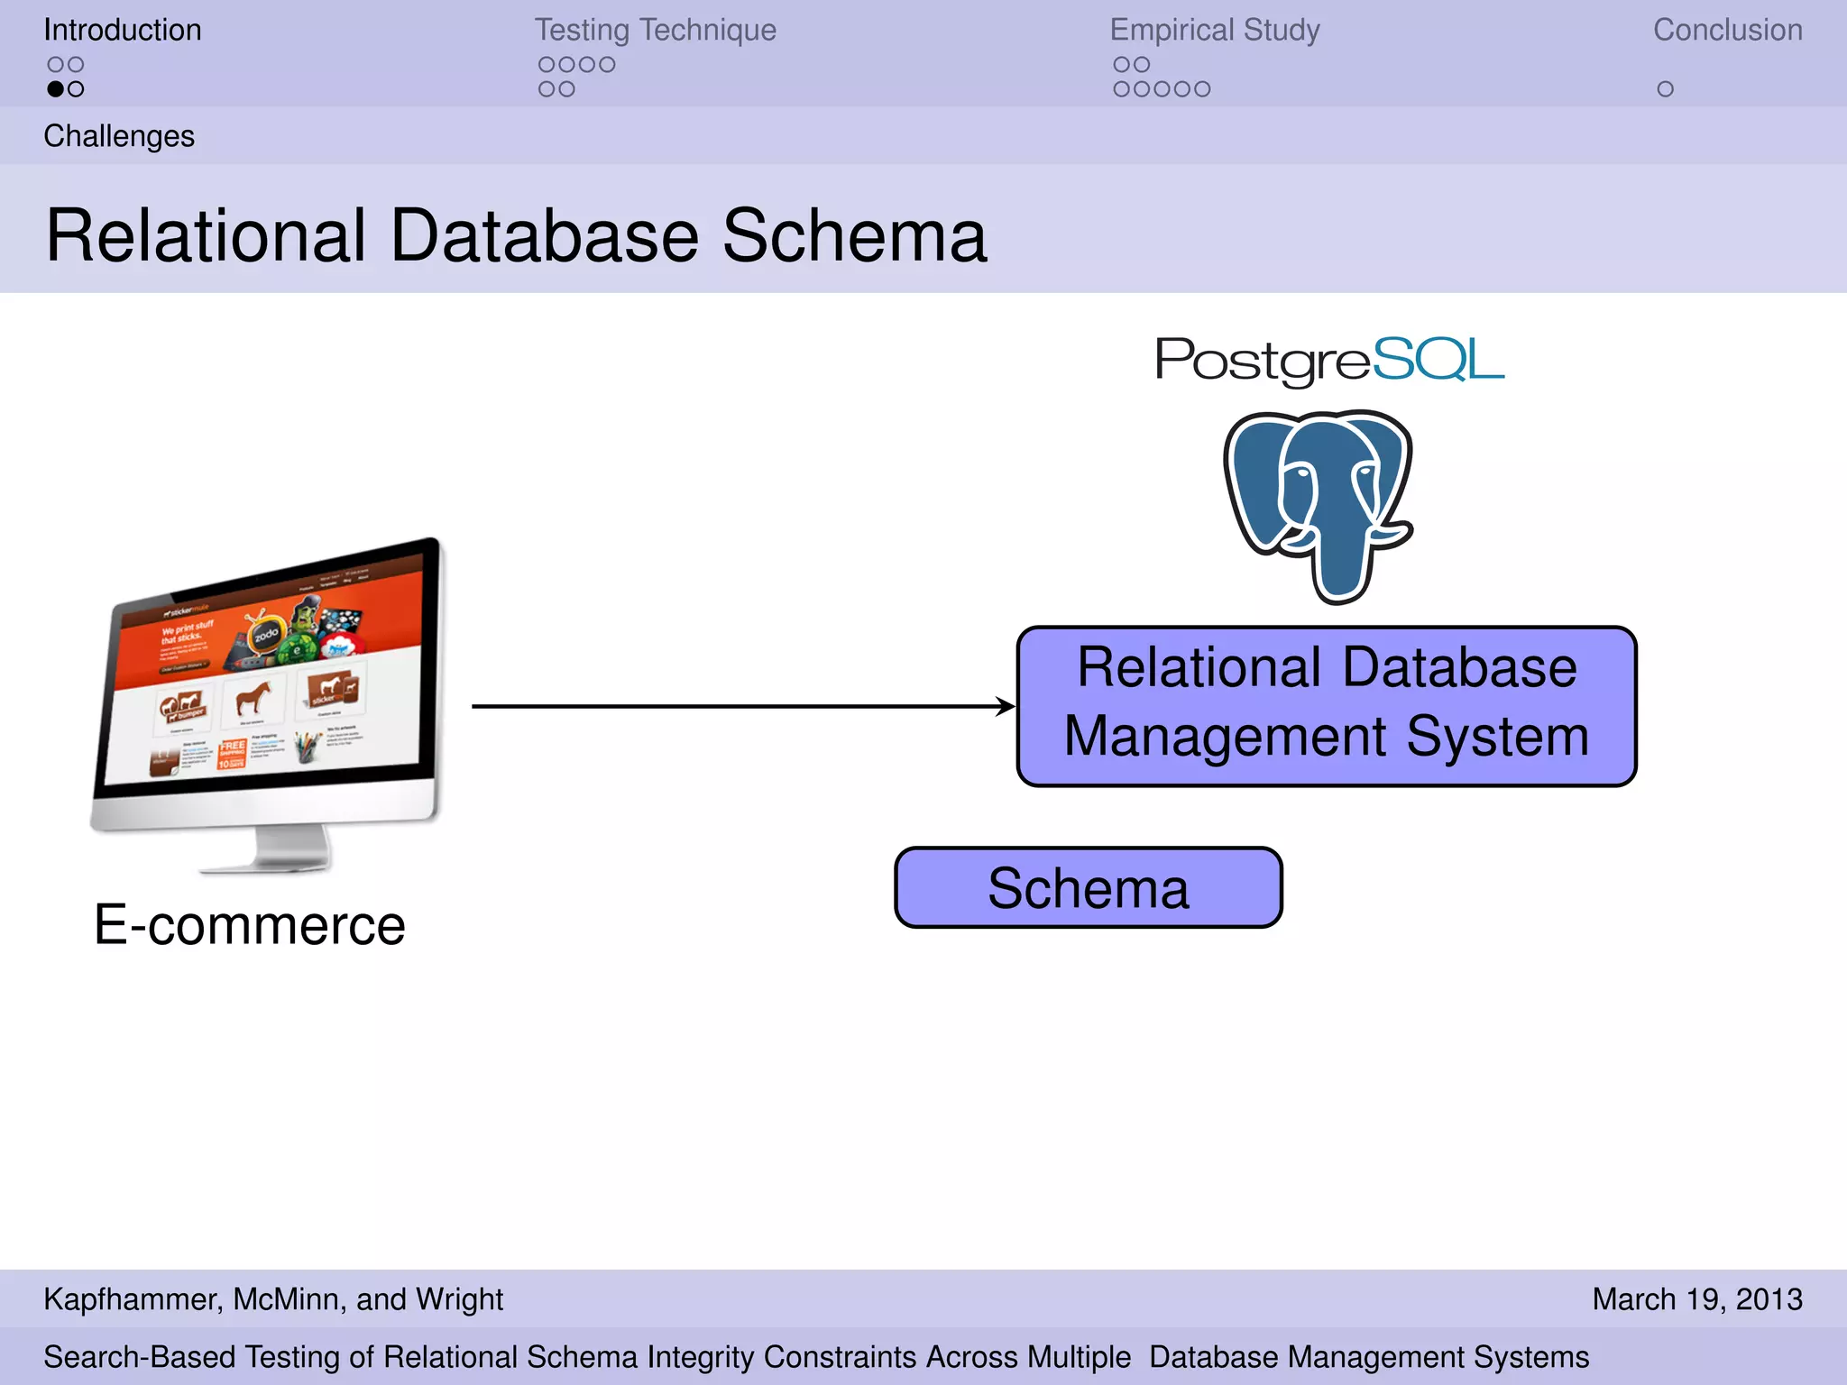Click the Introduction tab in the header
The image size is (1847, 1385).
(x=122, y=30)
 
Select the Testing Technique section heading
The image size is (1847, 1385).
(x=655, y=30)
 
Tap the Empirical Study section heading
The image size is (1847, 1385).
(x=1214, y=30)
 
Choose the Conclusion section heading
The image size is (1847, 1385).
(x=1727, y=30)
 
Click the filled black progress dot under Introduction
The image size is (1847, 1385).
(x=56, y=89)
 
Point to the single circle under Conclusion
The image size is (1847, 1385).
(x=1665, y=89)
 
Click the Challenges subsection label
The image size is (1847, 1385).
(x=119, y=136)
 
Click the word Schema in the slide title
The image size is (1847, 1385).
(x=854, y=236)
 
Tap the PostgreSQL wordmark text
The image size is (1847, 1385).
(x=1329, y=360)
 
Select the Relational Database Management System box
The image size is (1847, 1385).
(x=1326, y=705)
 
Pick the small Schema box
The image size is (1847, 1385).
(x=1088, y=887)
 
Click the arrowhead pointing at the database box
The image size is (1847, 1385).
(x=1005, y=706)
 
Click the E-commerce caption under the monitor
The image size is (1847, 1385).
(x=250, y=925)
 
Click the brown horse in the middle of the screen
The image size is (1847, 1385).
(x=253, y=697)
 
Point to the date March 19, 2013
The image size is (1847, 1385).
(x=1696, y=1298)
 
